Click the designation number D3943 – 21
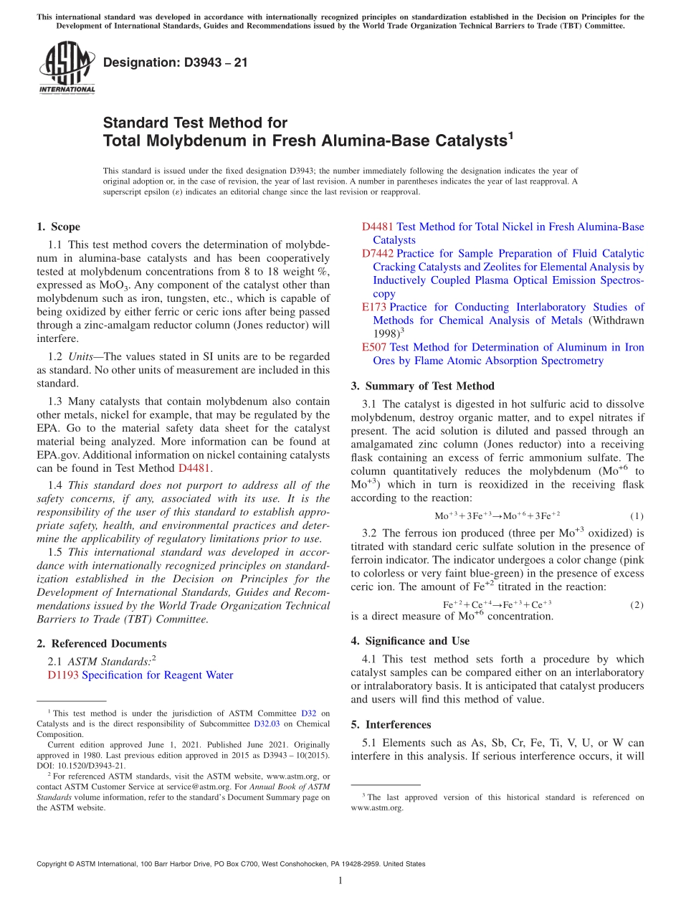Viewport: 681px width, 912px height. point(175,62)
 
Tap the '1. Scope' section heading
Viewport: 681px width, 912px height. point(58,227)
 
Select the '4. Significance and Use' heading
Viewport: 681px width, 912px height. point(410,641)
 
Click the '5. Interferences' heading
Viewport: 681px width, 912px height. point(391,725)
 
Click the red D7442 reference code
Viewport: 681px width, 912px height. point(377,254)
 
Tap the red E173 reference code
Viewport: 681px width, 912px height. point(373,308)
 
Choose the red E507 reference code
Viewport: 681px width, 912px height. point(374,348)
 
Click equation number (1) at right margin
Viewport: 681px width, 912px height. point(637,516)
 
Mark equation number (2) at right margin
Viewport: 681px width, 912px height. point(637,605)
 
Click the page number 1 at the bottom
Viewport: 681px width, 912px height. point(340,881)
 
